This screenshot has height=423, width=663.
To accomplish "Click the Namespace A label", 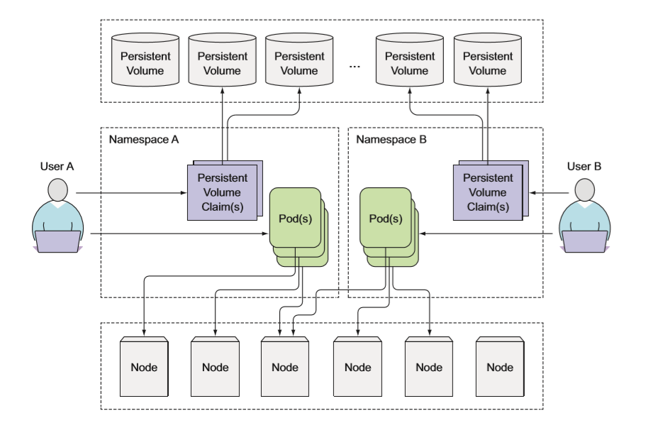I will click(143, 139).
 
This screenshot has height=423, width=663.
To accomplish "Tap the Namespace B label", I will click(391, 139).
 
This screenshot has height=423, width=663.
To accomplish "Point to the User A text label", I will click(57, 167).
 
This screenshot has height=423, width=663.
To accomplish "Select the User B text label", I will click(584, 167).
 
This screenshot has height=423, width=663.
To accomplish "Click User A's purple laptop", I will click(57, 242).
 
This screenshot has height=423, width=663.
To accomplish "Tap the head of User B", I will click(584, 190).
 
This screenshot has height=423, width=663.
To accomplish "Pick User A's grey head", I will click(57, 190).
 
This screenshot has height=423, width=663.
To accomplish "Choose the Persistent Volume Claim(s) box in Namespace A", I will click(222, 192).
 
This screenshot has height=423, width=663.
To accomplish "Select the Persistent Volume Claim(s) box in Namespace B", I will click(487, 192).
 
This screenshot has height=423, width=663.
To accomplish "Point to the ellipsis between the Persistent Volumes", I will click(355, 65).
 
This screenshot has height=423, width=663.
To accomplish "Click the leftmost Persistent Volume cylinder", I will click(145, 63).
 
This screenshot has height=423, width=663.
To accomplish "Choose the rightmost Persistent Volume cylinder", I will click(487, 63).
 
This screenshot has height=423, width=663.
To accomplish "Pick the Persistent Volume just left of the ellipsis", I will click(299, 63).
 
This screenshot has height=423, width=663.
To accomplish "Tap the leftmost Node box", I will click(144, 366).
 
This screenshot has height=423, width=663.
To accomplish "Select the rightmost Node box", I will click(500, 366).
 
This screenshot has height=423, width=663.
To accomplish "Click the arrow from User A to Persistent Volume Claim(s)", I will click(131, 192).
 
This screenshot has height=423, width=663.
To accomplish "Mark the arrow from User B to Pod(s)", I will click(489, 233).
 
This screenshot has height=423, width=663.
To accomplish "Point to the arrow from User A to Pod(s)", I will click(177, 233).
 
